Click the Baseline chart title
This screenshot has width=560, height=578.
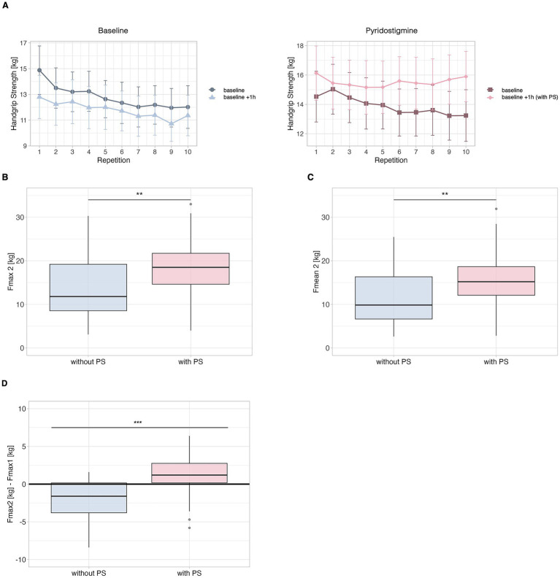(113, 31)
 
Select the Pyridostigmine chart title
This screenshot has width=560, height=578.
(391, 31)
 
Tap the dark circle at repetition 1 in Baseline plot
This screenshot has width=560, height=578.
(39, 70)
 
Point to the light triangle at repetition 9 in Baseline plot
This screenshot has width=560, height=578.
(171, 123)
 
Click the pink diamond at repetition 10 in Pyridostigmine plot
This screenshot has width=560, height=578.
(466, 77)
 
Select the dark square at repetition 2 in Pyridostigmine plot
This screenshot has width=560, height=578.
(333, 89)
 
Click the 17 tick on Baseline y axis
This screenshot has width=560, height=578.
(23, 43)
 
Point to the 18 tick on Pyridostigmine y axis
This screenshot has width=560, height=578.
(300, 46)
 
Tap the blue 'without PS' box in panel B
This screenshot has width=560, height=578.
(88, 287)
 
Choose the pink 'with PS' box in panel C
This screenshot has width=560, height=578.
(496, 281)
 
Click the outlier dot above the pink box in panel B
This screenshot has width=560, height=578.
(191, 204)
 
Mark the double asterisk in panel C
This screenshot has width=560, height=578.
(445, 194)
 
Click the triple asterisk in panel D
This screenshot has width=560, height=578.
(138, 423)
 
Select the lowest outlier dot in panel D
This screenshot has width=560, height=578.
(190, 528)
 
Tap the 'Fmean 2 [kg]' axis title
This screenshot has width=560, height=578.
(316, 271)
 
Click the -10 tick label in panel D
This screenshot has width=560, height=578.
(20, 560)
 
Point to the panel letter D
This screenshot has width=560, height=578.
(5, 383)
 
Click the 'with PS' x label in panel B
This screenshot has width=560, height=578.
(191, 362)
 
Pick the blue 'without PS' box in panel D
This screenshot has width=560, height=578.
(89, 498)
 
